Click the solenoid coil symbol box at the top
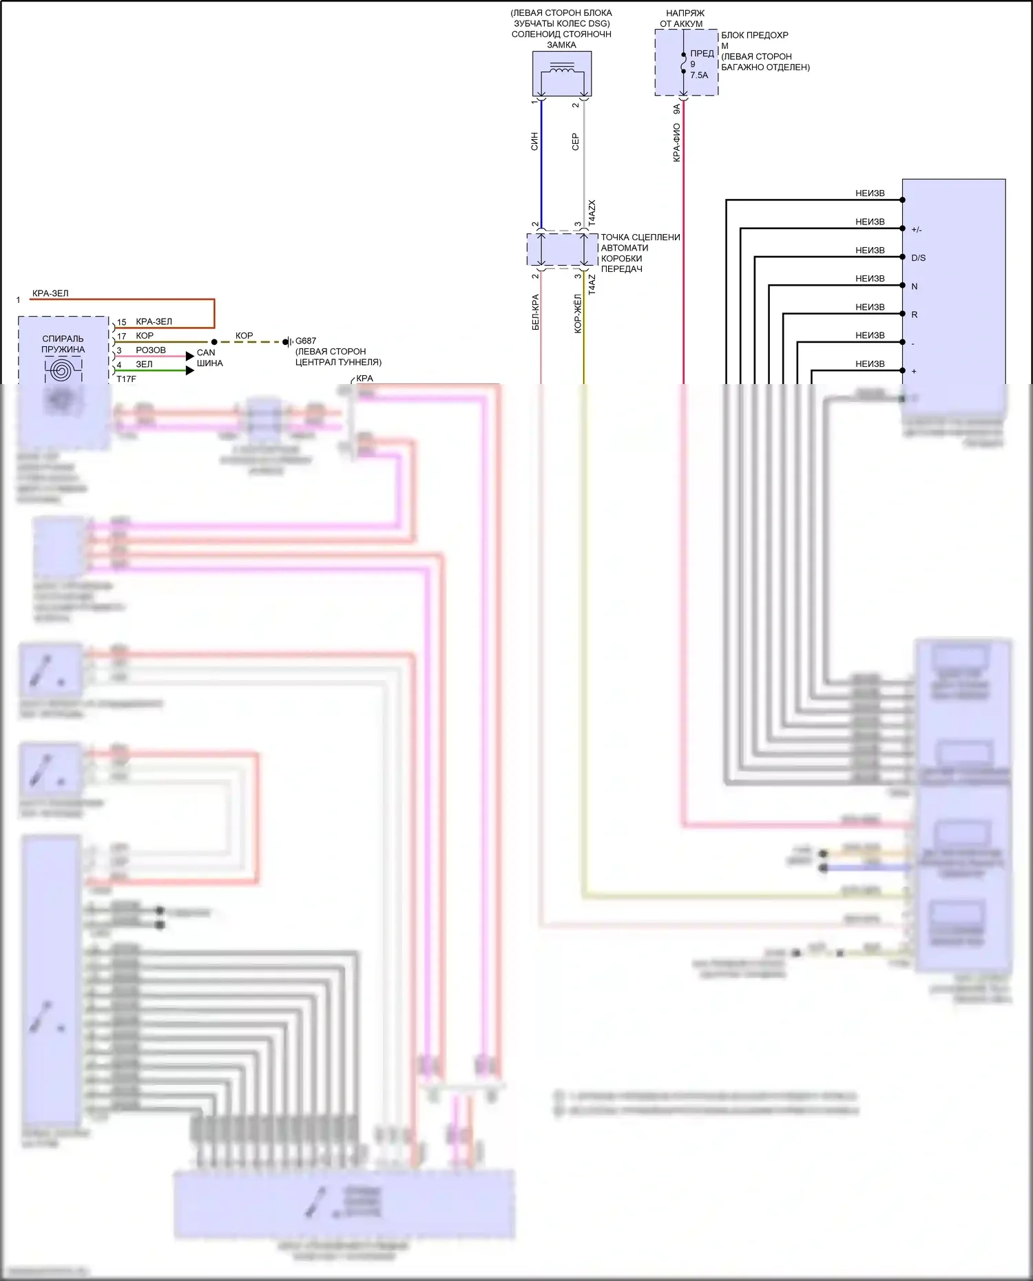pyautogui.click(x=561, y=73)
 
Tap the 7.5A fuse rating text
pyautogui.click(x=699, y=76)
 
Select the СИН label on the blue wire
pyautogui.click(x=534, y=142)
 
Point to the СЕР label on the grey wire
pyautogui.click(x=576, y=142)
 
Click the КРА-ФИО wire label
pyautogui.click(x=676, y=142)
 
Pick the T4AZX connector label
pyautogui.click(x=592, y=213)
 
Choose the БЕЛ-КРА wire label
pyautogui.click(x=535, y=313)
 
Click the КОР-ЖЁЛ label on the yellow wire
pyautogui.click(x=578, y=314)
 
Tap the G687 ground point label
pyautogui.click(x=306, y=341)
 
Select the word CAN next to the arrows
pyautogui.click(x=206, y=352)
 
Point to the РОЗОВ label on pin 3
pyautogui.click(x=151, y=350)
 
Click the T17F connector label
pyautogui.click(x=126, y=379)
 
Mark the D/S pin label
pyautogui.click(x=918, y=258)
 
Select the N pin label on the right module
pyautogui.click(x=915, y=286)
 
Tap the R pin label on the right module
pyautogui.click(x=915, y=315)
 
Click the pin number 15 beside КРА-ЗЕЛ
pyautogui.click(x=121, y=322)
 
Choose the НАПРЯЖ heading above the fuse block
pyautogui.click(x=685, y=13)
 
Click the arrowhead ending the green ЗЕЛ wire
pyautogui.click(x=190, y=370)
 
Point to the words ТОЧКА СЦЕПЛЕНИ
pyautogui.click(x=640, y=237)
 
